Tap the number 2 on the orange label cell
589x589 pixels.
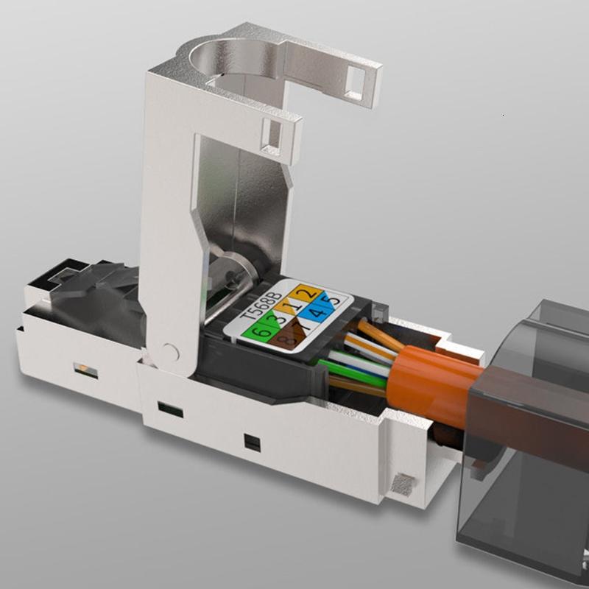tap(311, 294)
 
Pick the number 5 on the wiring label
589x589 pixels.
tap(335, 300)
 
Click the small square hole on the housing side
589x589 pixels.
tap(252, 443)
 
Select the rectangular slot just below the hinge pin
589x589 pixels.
tap(170, 409)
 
